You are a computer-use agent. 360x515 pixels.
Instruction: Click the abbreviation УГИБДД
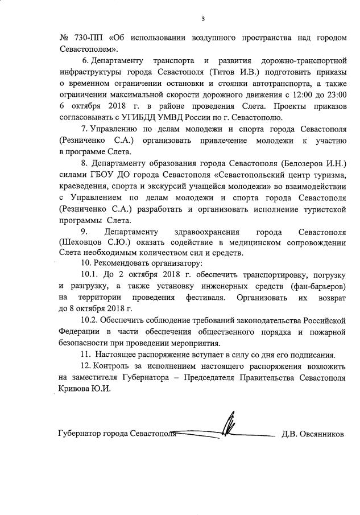147,117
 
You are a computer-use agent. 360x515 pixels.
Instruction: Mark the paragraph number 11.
86,354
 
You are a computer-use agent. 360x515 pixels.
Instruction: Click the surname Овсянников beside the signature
322,434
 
